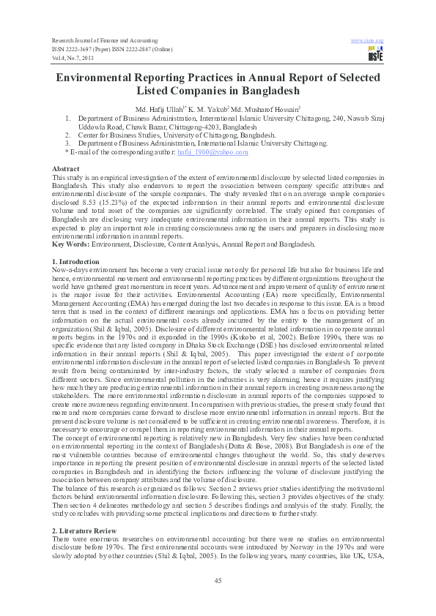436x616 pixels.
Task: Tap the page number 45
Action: (x=218, y=580)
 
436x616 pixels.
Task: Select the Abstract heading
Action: (x=68, y=169)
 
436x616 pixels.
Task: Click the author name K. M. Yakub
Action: (x=212, y=108)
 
